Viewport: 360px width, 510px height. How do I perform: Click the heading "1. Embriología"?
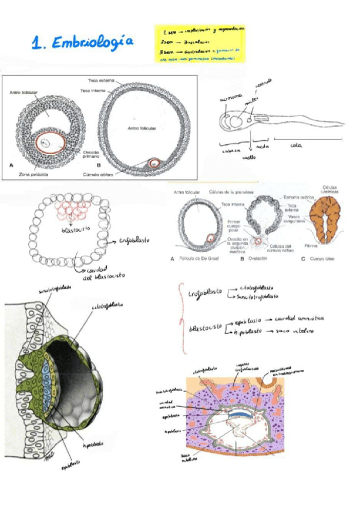coord(84,42)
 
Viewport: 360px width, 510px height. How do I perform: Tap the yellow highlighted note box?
coord(200,43)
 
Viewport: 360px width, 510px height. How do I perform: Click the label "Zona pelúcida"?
coord(28,174)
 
